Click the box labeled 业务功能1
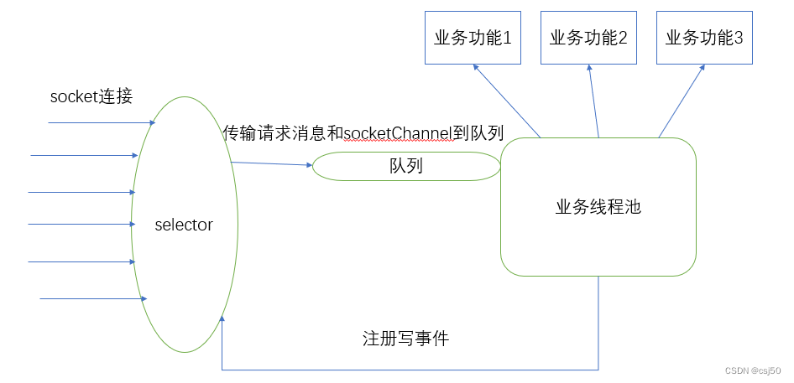click(x=473, y=38)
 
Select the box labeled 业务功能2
click(x=589, y=38)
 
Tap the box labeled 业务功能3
click(x=704, y=38)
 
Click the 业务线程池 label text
click(x=598, y=207)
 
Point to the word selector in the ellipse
click(x=184, y=225)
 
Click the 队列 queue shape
click(x=406, y=166)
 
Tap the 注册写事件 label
click(x=405, y=339)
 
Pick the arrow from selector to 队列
click(x=272, y=163)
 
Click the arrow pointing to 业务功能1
click(x=507, y=101)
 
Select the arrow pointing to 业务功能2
click(x=593, y=101)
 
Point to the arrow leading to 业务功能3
click(x=682, y=101)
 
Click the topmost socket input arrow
click(x=101, y=123)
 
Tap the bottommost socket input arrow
click(x=92, y=298)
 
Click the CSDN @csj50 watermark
click(x=754, y=370)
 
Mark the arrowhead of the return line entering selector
click(x=222, y=319)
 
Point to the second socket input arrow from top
click(x=84, y=155)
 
